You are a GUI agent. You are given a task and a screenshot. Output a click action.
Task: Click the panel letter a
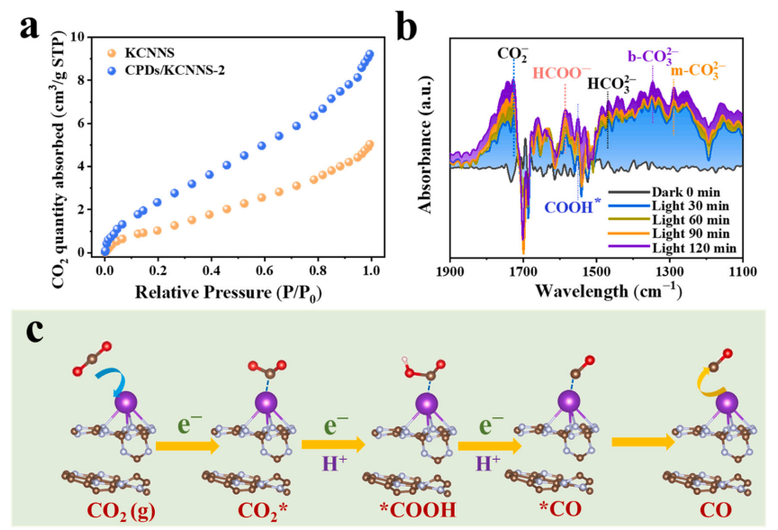(32, 30)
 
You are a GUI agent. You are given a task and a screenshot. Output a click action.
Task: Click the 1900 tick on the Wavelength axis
(448, 270)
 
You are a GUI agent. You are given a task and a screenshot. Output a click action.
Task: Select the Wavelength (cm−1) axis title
(595, 292)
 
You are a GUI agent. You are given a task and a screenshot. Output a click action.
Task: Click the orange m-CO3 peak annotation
(694, 69)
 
